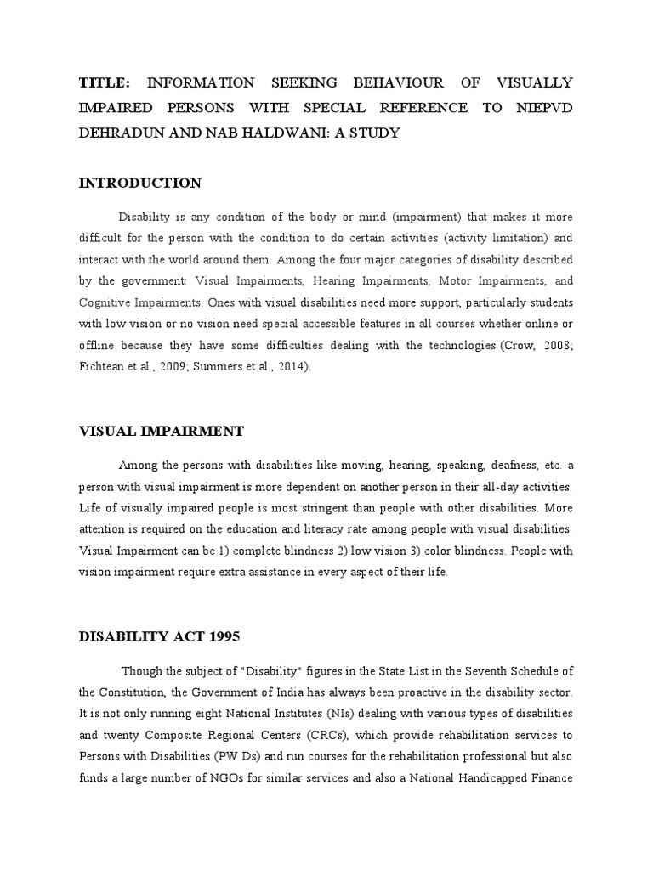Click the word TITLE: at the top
tap(104, 83)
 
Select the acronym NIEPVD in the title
tap(541, 108)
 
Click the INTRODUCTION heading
tap(139, 183)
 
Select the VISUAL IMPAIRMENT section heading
tap(161, 432)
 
